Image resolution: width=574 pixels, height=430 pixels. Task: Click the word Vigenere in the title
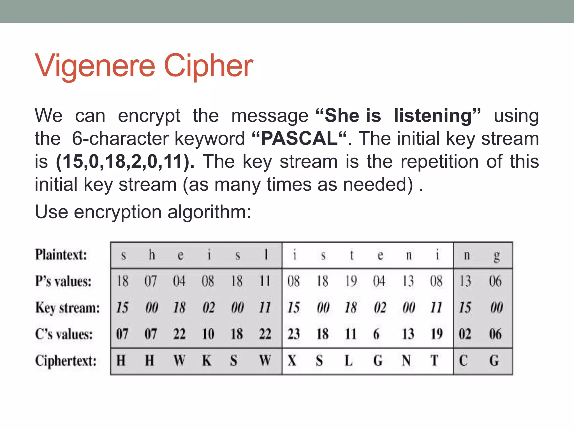95,66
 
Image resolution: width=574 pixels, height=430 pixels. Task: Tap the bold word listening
433,116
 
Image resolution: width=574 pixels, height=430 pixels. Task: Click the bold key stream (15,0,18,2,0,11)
125,162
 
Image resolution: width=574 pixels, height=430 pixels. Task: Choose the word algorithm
209,212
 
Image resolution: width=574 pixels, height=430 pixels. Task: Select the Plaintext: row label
61,255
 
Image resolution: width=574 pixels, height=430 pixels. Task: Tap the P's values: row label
63,281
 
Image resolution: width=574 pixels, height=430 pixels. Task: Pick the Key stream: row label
68,308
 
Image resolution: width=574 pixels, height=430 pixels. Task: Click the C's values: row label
64,334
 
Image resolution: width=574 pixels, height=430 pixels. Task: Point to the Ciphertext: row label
66,361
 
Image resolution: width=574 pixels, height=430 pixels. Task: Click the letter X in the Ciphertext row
292,361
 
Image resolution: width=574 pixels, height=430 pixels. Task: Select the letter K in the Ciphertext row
207,361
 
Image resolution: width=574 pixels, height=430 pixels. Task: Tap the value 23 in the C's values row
294,334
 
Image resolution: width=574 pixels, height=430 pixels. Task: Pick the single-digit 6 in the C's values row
376,334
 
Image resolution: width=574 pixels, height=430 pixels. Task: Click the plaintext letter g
496,256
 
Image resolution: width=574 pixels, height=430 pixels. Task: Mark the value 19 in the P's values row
351,281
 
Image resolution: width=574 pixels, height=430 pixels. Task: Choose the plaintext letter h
152,255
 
